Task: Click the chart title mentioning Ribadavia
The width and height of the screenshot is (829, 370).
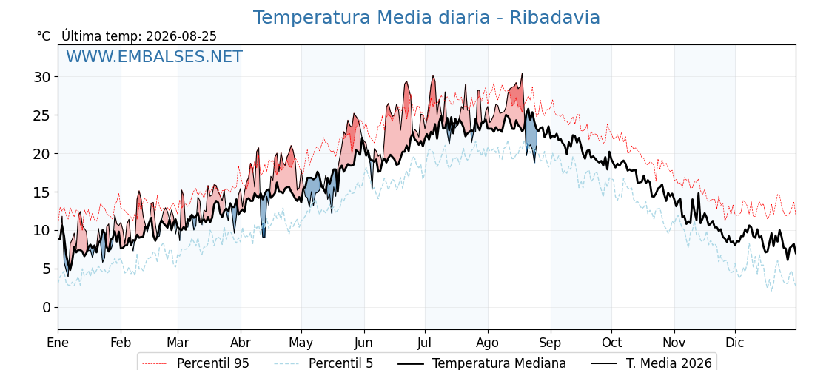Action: pyautogui.click(x=426, y=18)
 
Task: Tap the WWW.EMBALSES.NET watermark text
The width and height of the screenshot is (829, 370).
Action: pyautogui.click(x=155, y=56)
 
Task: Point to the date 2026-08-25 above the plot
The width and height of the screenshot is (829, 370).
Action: pyautogui.click(x=181, y=36)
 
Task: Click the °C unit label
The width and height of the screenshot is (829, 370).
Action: pyautogui.click(x=44, y=36)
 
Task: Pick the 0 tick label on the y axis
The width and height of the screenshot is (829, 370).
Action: pyautogui.click(x=47, y=308)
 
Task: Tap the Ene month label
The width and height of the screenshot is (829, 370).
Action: pyautogui.click(x=58, y=343)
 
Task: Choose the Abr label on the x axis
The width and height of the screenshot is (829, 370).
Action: pyautogui.click(x=241, y=343)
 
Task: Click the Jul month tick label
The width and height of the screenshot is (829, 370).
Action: pyautogui.click(x=425, y=343)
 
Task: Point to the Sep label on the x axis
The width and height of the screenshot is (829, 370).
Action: pyautogui.click(x=551, y=343)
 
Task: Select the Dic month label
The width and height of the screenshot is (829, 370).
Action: pyautogui.click(x=735, y=343)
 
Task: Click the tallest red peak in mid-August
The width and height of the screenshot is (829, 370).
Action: pyautogui.click(x=522, y=75)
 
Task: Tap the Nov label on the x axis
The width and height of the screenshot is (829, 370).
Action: pyautogui.click(x=674, y=343)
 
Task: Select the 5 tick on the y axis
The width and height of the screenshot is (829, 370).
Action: pyautogui.click(x=47, y=269)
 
